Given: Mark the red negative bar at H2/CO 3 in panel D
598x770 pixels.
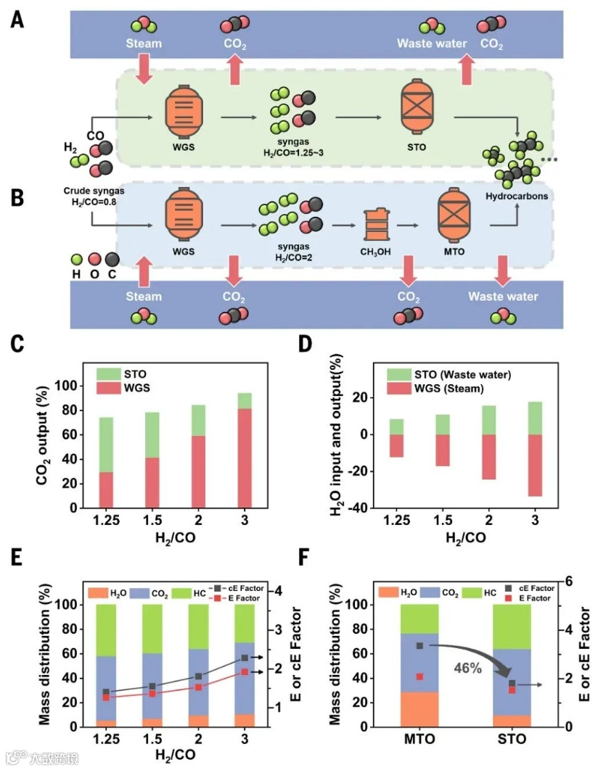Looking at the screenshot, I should point(535,465).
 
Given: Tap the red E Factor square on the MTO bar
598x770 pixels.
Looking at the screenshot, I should point(419,676).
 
